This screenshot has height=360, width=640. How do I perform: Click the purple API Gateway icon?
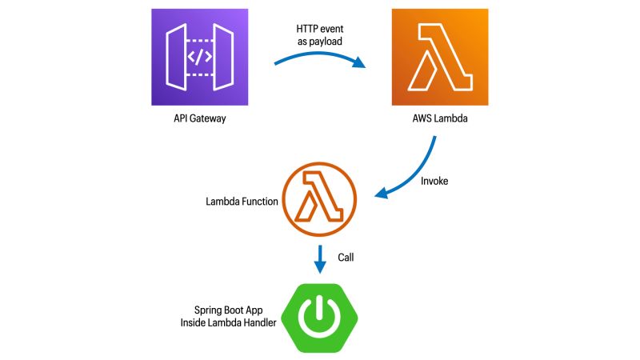200,58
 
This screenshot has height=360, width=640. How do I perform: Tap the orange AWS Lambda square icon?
439,58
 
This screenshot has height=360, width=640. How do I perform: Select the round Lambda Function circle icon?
319,201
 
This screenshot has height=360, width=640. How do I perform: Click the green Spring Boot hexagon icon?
319,317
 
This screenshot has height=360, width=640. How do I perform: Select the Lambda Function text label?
242,202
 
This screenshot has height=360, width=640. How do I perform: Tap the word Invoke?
434,182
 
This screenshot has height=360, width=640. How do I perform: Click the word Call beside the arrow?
346,258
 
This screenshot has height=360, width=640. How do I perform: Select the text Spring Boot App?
228,310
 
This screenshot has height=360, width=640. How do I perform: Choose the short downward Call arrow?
319,258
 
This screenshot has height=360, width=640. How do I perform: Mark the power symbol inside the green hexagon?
319,318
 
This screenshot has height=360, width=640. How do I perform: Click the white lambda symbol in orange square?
438,58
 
